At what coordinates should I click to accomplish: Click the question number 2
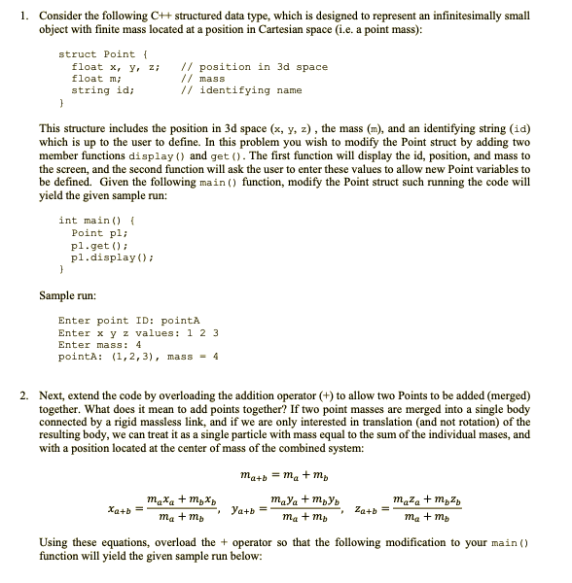tap(24, 396)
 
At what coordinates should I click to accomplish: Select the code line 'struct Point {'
tap(102, 54)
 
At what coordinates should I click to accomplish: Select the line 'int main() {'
tap(100, 220)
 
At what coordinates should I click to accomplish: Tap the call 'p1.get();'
tap(95, 246)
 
